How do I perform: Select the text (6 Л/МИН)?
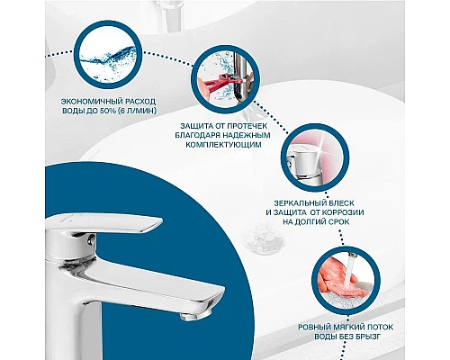(x=138, y=111)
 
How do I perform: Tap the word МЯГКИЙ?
(x=349, y=327)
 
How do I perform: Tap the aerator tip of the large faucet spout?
(x=194, y=316)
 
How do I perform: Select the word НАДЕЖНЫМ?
(x=244, y=135)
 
